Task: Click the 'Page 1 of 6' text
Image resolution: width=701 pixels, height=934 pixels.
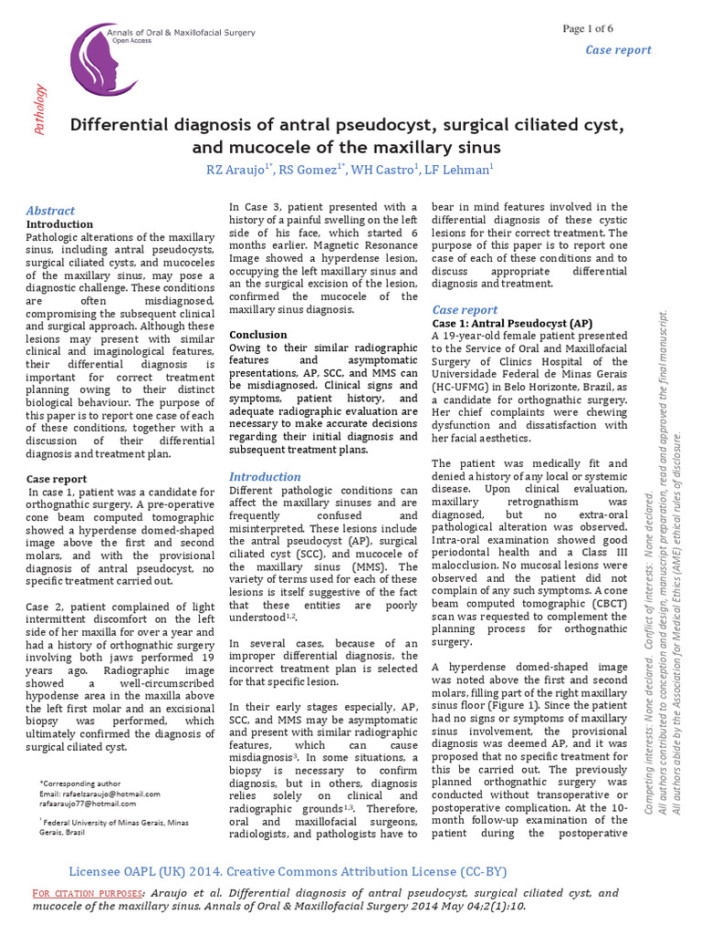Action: [588, 28]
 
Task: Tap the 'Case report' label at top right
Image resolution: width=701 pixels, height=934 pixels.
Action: [618, 50]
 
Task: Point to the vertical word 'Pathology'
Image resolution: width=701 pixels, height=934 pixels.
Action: [40, 109]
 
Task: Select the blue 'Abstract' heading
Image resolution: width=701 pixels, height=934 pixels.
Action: [50, 211]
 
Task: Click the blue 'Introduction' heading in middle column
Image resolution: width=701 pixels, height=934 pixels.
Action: [265, 476]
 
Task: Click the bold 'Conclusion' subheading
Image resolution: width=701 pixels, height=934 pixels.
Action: [257, 335]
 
